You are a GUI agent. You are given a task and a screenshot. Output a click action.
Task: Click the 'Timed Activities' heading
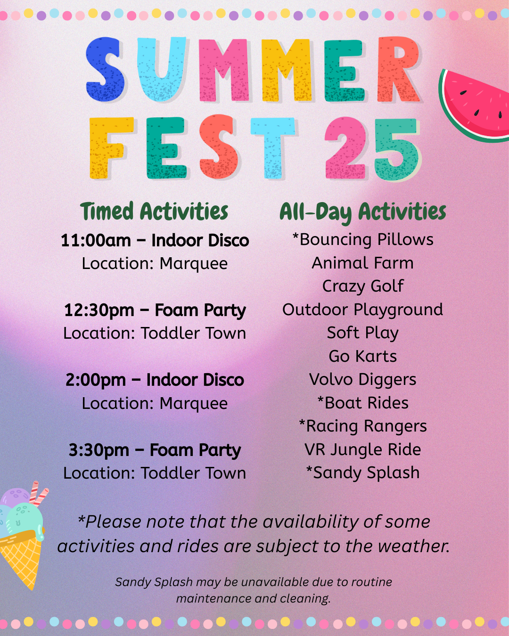[154, 212]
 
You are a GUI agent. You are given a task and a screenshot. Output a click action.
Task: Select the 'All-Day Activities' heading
[362, 212]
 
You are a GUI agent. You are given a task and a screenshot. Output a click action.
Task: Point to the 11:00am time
[96, 240]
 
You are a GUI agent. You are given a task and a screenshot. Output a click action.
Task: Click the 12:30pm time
[99, 311]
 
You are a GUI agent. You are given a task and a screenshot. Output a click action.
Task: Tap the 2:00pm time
[96, 381]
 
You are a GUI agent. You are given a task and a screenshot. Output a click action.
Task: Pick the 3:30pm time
[99, 451]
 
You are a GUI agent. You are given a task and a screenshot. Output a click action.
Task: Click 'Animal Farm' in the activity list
[362, 263]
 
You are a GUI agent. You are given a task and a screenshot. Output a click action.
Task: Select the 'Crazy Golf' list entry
[363, 286]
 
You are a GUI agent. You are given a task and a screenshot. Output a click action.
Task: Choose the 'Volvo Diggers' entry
[362, 380]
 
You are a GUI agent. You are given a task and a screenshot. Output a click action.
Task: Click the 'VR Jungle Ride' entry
[362, 450]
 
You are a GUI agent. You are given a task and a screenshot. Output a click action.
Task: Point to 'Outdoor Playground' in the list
[362, 310]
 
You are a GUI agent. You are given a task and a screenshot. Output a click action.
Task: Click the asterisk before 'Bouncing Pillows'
[295, 236]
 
